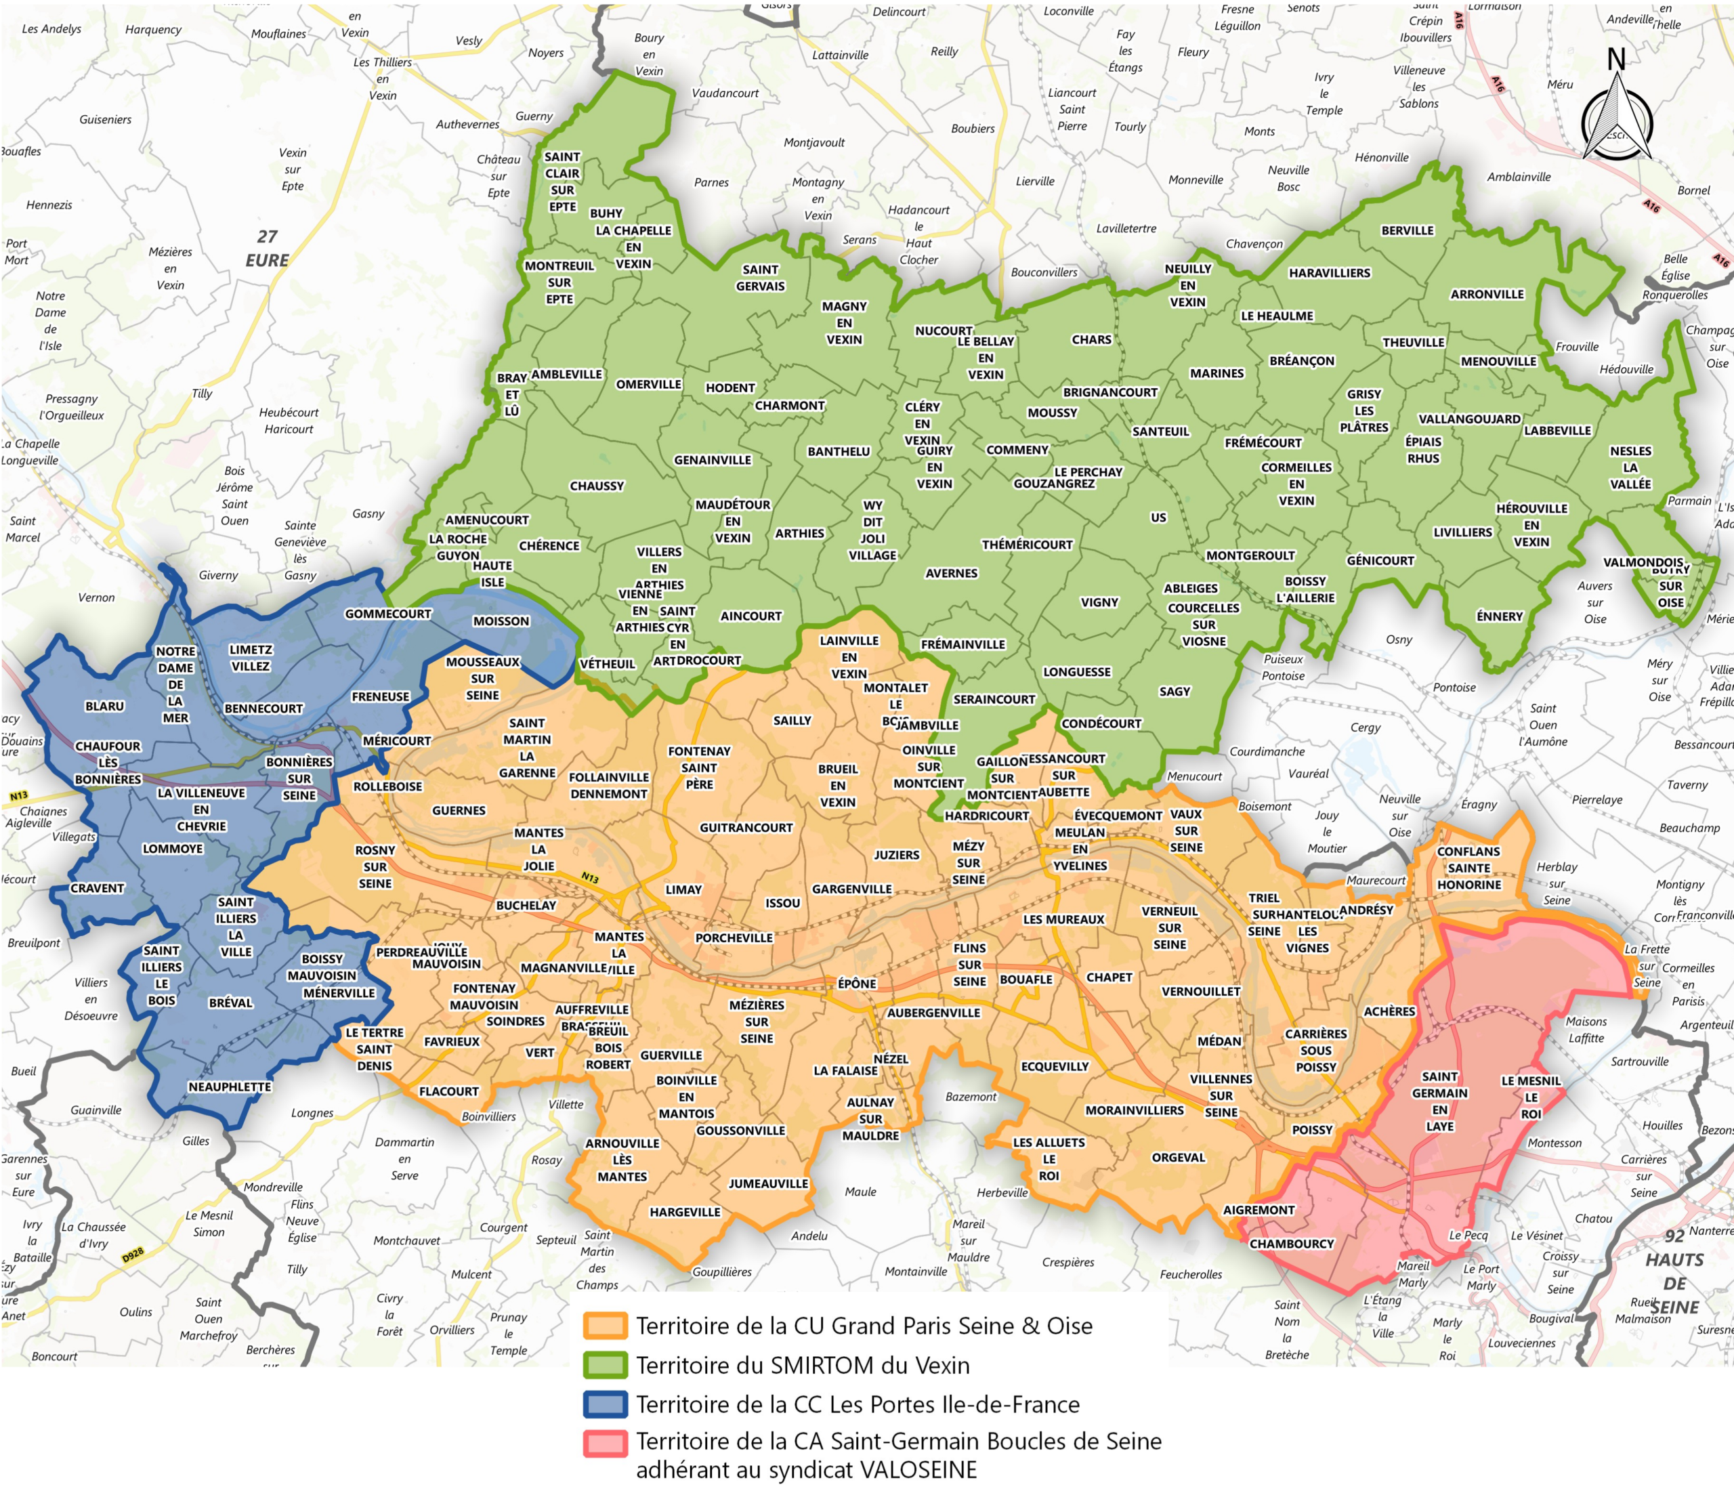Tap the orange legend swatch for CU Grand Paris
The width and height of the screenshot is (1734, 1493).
tap(605, 1326)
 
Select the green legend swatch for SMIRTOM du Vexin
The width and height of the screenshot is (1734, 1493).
tap(605, 1366)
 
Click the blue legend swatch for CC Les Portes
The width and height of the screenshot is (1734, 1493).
tap(605, 1404)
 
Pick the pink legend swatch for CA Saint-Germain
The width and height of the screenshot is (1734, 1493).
tap(605, 1444)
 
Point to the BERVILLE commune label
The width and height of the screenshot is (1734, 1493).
tap(1407, 231)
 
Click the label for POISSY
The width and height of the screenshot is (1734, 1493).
tap(1311, 1130)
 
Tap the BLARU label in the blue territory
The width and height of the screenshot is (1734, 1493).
tap(104, 707)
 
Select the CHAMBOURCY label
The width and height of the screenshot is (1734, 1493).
tap(1291, 1244)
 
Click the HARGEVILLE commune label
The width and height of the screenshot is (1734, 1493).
tap(685, 1212)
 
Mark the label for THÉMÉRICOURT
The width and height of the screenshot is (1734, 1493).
tap(1027, 545)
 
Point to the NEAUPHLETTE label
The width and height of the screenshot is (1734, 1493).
tap(230, 1087)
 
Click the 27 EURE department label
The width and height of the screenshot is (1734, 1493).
tap(267, 249)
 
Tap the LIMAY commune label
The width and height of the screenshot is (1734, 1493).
tap(683, 889)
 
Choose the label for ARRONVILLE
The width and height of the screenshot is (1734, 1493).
tap(1487, 295)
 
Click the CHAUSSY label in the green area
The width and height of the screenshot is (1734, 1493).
tap(597, 486)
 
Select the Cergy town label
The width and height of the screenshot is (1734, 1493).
tap(1365, 728)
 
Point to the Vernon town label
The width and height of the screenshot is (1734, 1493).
tap(96, 597)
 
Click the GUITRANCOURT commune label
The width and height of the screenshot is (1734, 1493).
tap(746, 828)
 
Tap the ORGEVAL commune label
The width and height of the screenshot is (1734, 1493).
tap(1179, 1158)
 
